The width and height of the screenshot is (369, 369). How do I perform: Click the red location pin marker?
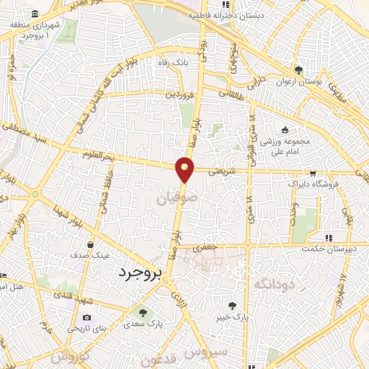coord(185,169)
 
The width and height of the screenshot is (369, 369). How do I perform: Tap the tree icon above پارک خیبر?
coord(231,306)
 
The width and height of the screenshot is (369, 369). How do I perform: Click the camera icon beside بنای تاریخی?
coord(87,317)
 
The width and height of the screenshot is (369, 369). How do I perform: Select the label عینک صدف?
coord(89,255)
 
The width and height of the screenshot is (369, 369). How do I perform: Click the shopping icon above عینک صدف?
coord(89,244)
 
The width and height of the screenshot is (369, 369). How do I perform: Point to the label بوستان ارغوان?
coord(298,81)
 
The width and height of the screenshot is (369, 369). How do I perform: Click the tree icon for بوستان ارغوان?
coord(298,70)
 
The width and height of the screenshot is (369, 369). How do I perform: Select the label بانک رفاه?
coord(173,62)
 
